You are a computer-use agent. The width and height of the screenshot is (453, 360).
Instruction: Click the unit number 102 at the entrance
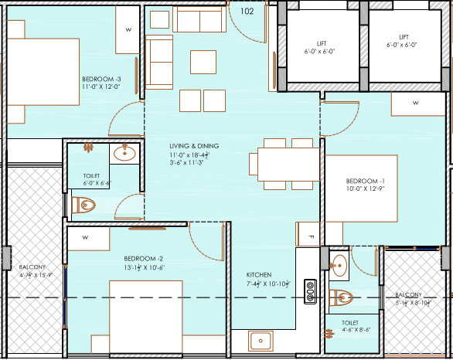coord(247,12)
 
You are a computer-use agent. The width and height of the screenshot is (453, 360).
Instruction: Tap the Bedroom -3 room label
coord(102,80)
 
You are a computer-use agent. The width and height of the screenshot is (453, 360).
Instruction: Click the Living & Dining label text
coord(195,146)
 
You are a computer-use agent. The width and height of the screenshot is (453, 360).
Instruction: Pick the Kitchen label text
coord(258,275)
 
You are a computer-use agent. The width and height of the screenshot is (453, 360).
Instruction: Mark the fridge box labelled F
coord(308,236)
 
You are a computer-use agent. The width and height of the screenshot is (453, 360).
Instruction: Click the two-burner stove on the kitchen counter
coord(310,290)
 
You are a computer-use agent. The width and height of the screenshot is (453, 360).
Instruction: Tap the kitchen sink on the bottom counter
coord(259,341)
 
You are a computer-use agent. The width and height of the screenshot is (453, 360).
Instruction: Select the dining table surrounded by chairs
coord(284,164)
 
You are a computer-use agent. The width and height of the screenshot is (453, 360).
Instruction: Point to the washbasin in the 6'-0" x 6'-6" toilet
coord(124,154)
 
